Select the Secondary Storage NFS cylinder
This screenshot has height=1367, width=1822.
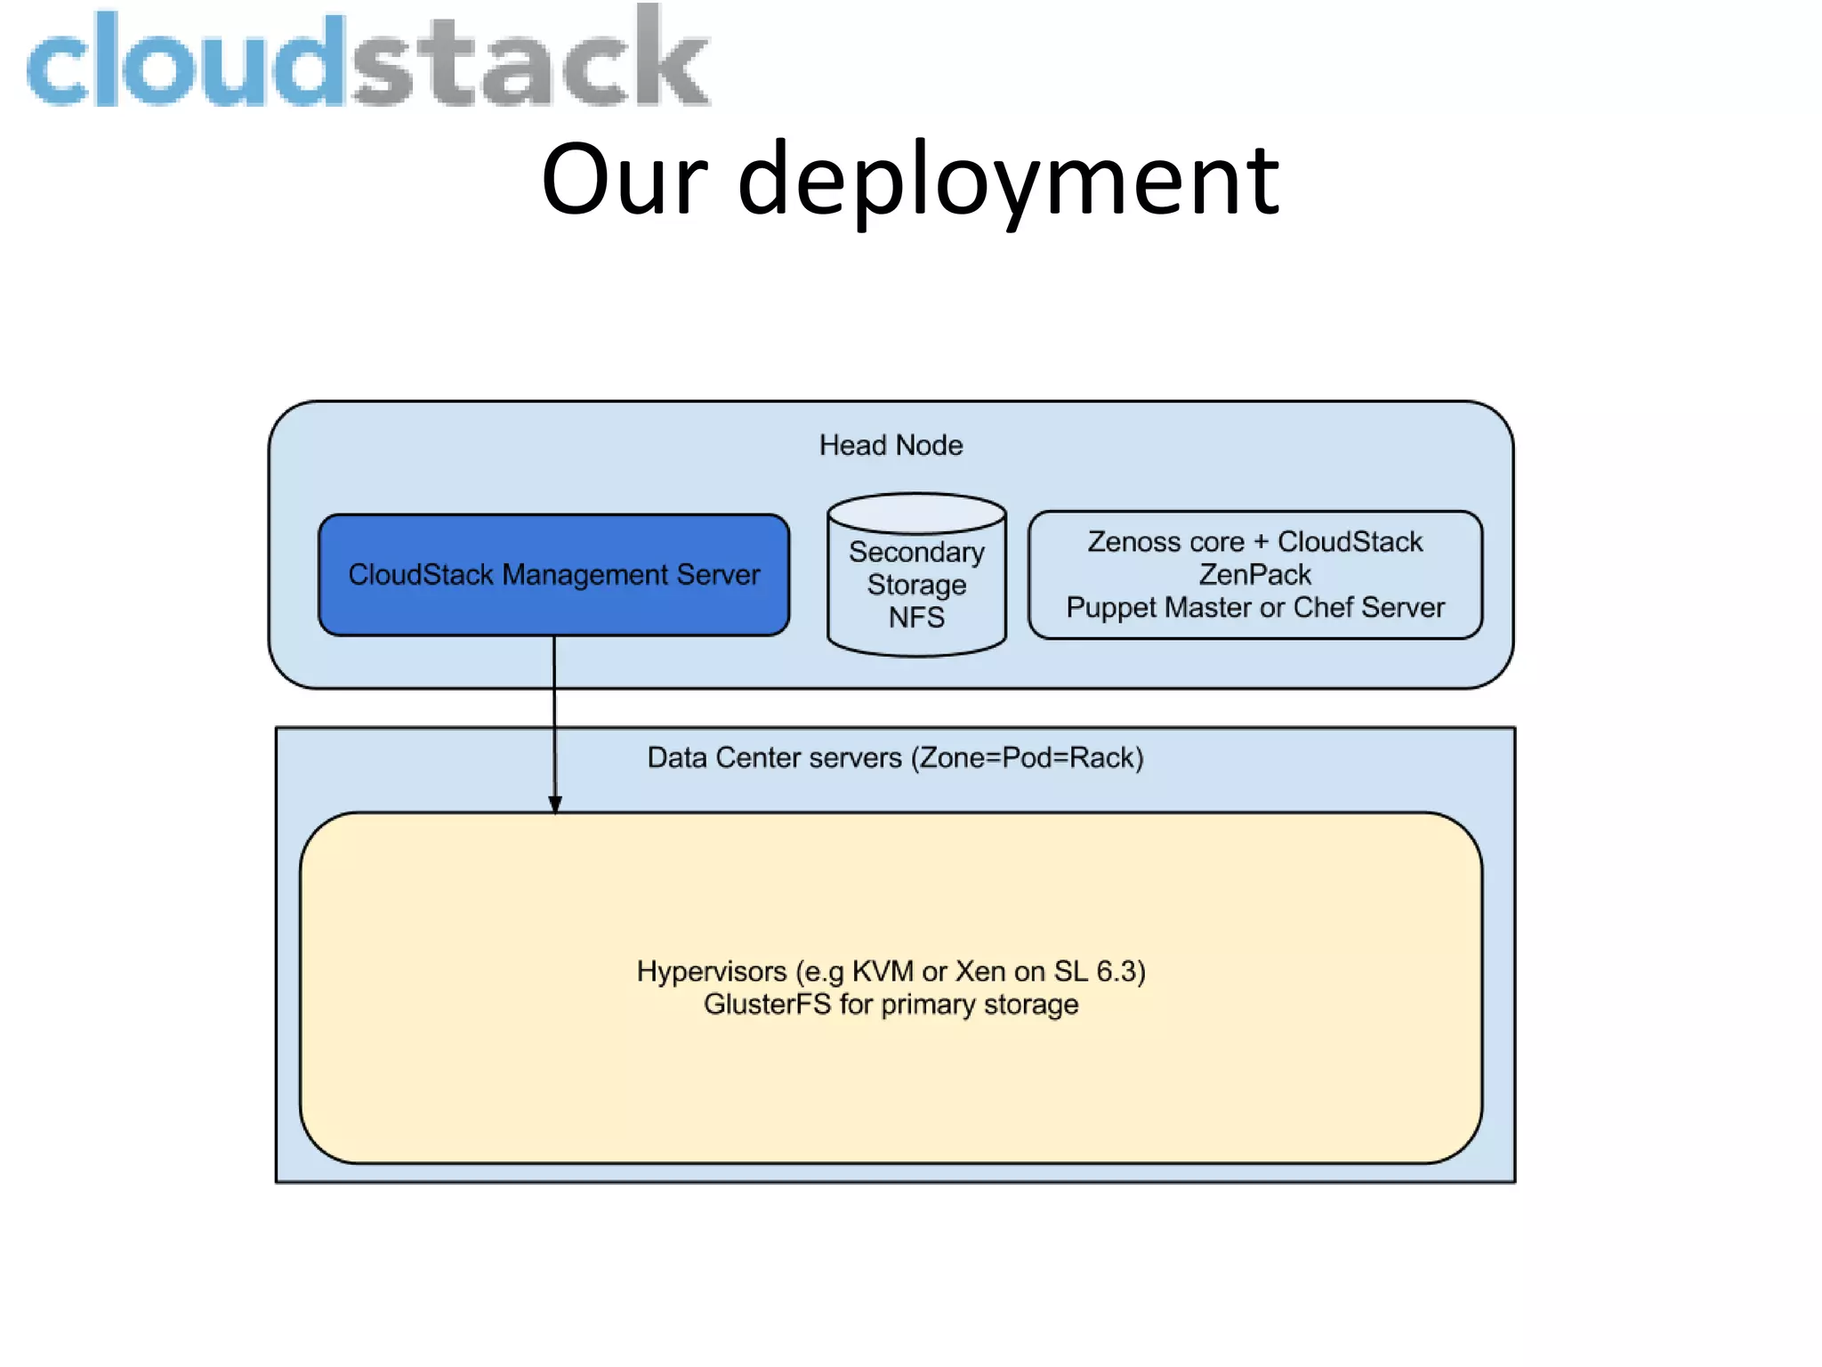[916, 587]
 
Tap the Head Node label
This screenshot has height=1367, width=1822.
[891, 445]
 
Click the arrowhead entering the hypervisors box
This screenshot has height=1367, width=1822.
[555, 804]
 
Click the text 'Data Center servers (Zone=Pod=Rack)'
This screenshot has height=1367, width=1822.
[895, 757]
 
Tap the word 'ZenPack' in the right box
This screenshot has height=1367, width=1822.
[1254, 575]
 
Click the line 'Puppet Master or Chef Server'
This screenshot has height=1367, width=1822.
[1254, 608]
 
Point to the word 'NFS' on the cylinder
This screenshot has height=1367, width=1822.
[916, 618]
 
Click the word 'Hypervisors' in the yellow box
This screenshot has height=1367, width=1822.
[712, 972]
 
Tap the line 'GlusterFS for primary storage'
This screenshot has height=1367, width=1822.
[891, 1005]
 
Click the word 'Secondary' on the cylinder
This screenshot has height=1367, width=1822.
[916, 553]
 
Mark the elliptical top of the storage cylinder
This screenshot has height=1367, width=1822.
[916, 514]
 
